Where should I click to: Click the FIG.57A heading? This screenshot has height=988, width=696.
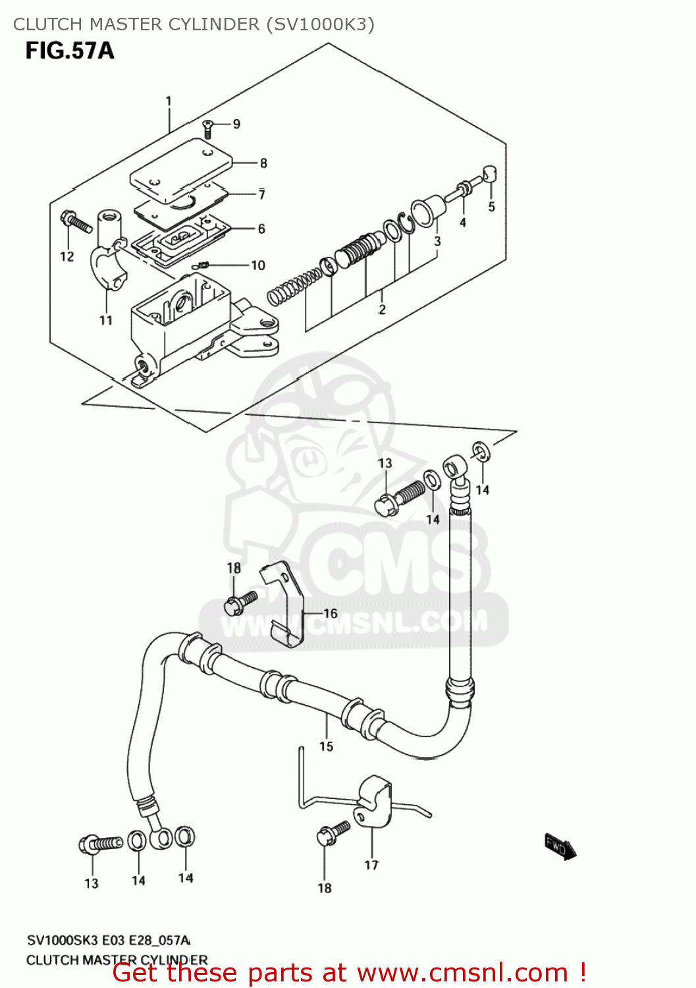coord(70,51)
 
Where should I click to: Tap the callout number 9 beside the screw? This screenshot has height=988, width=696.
coord(236,124)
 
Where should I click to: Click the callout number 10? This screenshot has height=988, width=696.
coord(257,265)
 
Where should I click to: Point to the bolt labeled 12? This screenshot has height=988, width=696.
coord(76,222)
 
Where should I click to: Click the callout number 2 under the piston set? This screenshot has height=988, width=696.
coord(382,310)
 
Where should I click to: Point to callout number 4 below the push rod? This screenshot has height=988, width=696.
coord(463,223)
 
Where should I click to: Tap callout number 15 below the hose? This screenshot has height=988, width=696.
coord(327,746)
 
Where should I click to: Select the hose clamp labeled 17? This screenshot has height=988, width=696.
coord(375,799)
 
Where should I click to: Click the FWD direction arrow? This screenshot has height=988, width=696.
coord(560,846)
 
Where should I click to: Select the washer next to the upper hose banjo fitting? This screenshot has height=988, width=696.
coord(481,451)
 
